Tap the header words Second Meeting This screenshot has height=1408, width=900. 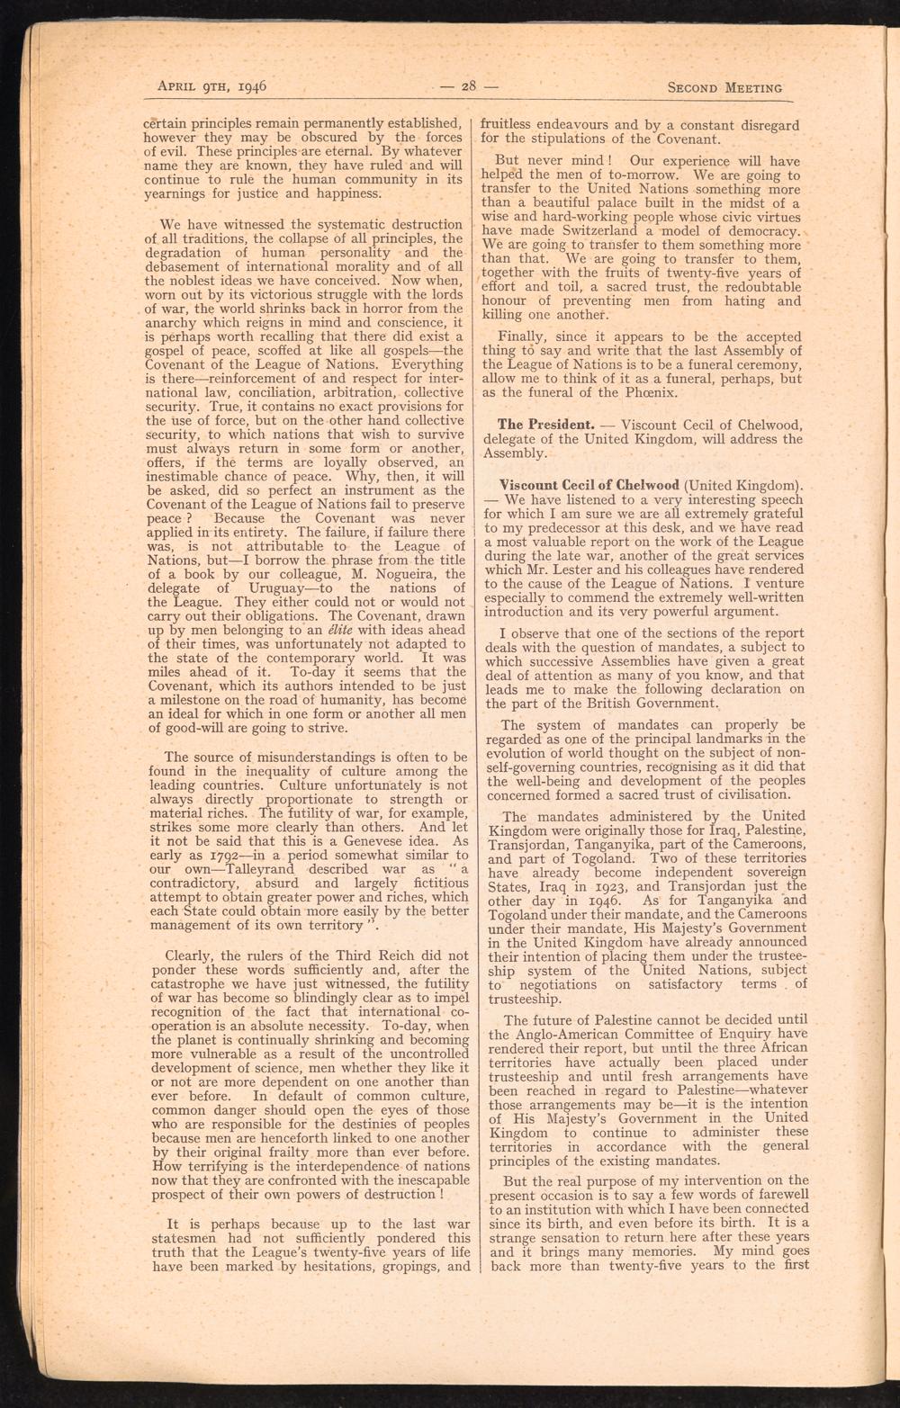724,88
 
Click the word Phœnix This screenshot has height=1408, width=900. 621,392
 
